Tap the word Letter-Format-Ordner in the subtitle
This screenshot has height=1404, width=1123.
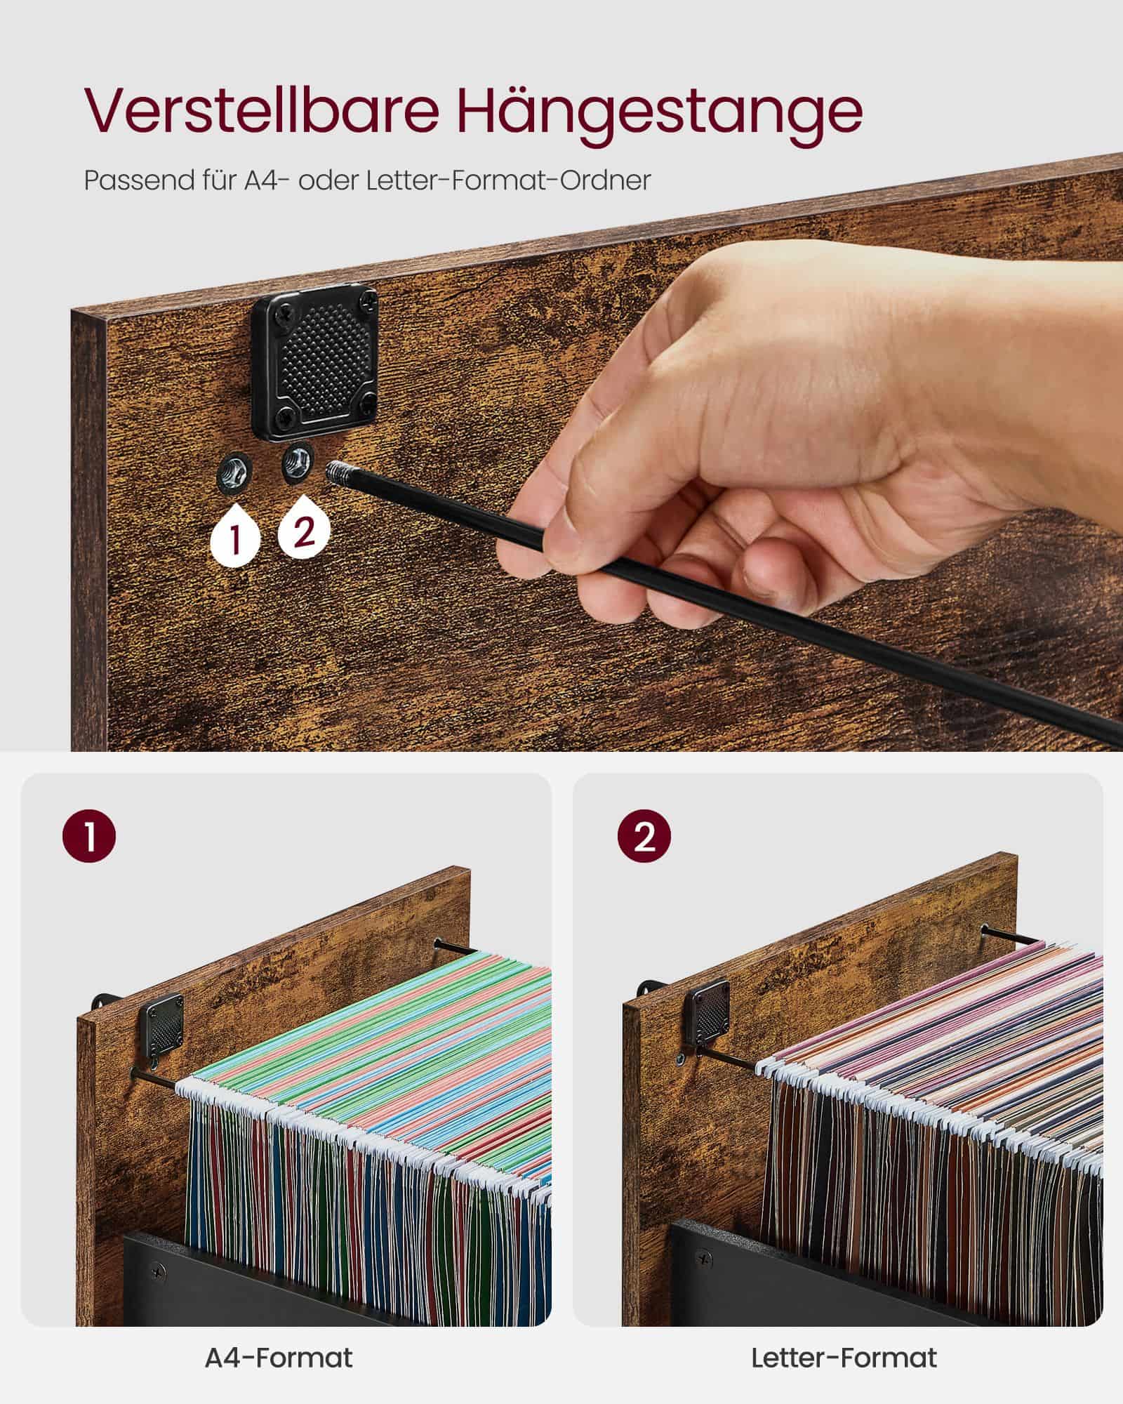pos(508,180)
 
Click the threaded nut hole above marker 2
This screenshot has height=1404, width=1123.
pos(297,461)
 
